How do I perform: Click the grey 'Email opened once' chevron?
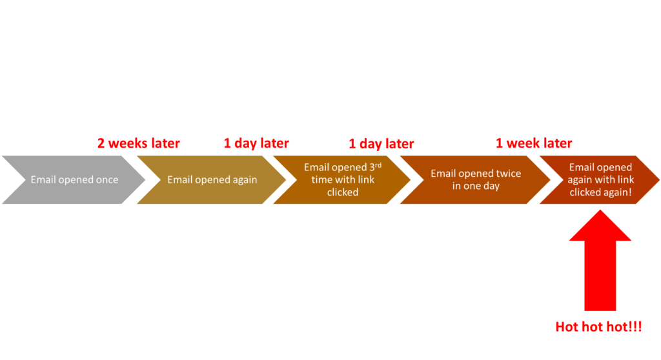pos(74,180)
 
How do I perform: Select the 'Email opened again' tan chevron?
pos(212,180)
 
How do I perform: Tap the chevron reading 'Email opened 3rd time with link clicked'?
pos(342,180)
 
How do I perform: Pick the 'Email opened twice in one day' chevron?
pos(475,180)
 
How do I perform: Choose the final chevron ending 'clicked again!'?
pos(600,180)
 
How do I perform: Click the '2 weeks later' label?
pos(139,143)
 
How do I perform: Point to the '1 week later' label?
pos(534,143)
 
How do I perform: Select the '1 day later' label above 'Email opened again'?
pos(256,143)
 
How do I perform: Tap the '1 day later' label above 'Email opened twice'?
pos(381,144)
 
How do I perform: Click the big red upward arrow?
pos(600,271)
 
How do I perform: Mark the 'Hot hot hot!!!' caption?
pos(598,326)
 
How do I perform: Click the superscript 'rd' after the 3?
pos(378,165)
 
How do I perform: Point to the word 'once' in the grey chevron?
pos(107,180)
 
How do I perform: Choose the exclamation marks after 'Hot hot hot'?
pos(637,326)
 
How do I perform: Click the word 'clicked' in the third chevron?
pos(342,192)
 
